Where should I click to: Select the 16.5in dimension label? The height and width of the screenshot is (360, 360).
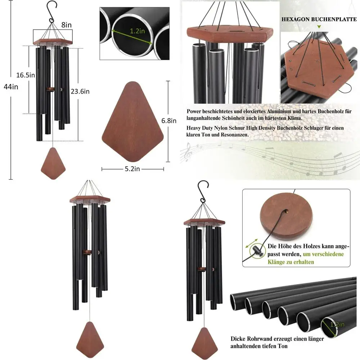tap(26, 75)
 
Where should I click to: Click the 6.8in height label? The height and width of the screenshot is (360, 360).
tap(169, 121)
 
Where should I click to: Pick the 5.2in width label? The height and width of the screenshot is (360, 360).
tap(132, 169)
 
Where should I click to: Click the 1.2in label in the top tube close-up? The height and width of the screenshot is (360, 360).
tap(137, 31)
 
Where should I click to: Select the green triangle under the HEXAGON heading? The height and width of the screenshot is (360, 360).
tap(318, 27)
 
